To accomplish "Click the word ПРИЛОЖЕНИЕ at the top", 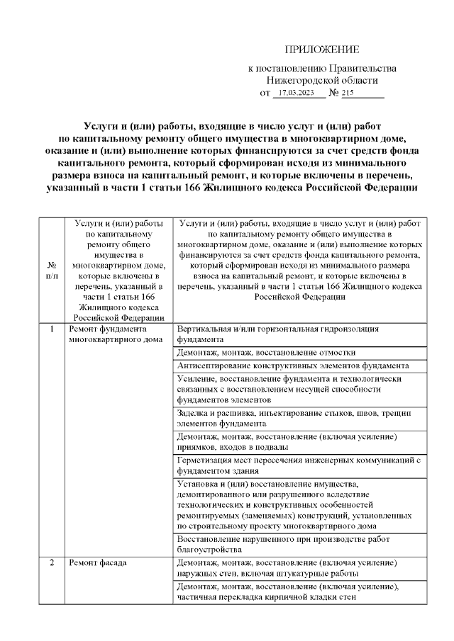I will [321, 49].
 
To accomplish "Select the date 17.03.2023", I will [296, 93].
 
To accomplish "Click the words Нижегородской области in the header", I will [321, 80].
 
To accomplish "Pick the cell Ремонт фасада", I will [98, 564].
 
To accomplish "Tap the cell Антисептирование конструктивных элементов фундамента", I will [292, 366].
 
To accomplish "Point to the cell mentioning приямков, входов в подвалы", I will [287, 441].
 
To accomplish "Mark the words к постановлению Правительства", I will [321, 68].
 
